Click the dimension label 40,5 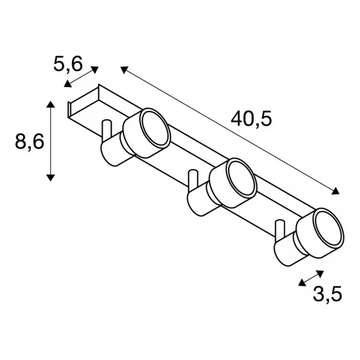[251, 119]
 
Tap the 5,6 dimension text [68, 64]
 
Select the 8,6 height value [29, 142]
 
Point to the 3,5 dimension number [328, 293]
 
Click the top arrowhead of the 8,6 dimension [50, 104]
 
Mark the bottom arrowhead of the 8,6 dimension [50, 178]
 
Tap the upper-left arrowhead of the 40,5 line [124, 70]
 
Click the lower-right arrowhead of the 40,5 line [335, 191]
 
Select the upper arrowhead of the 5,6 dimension [95, 70]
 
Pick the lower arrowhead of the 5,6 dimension [67, 84]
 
